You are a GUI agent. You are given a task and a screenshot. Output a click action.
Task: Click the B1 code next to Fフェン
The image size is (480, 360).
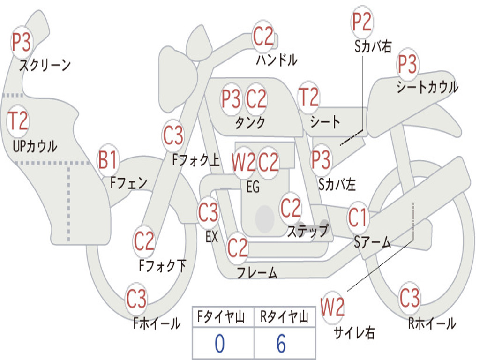[107, 160]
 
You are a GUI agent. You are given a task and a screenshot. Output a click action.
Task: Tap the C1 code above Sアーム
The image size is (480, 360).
[358, 217]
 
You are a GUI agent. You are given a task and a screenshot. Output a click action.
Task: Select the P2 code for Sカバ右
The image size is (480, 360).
[362, 22]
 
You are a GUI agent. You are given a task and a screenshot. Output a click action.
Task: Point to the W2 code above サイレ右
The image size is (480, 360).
[332, 307]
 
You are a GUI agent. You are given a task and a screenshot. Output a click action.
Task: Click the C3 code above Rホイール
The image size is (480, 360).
[409, 298]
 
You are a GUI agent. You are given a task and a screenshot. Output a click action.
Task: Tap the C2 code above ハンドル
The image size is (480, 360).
[263, 36]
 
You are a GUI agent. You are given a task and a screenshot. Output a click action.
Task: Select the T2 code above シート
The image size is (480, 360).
[308, 97]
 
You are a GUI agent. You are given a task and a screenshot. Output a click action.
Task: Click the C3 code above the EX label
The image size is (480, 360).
[208, 212]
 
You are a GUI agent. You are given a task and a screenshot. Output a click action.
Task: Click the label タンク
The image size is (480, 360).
[250, 122]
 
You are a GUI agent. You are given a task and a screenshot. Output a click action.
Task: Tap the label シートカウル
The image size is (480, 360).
[427, 87]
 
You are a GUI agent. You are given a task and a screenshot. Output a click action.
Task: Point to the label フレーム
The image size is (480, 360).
[257, 272]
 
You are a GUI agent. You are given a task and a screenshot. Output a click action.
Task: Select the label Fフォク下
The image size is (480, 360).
[163, 266]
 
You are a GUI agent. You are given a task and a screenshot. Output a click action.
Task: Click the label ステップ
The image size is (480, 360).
[307, 231]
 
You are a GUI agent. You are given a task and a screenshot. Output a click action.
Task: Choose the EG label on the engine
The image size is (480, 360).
[253, 187]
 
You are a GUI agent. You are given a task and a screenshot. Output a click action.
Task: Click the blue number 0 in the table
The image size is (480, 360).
[220, 344]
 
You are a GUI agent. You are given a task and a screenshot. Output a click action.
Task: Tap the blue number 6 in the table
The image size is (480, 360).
[281, 344]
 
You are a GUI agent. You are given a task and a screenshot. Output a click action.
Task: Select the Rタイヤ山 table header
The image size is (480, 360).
[285, 317]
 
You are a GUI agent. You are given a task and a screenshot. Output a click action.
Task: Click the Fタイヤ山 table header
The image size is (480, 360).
[221, 317]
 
